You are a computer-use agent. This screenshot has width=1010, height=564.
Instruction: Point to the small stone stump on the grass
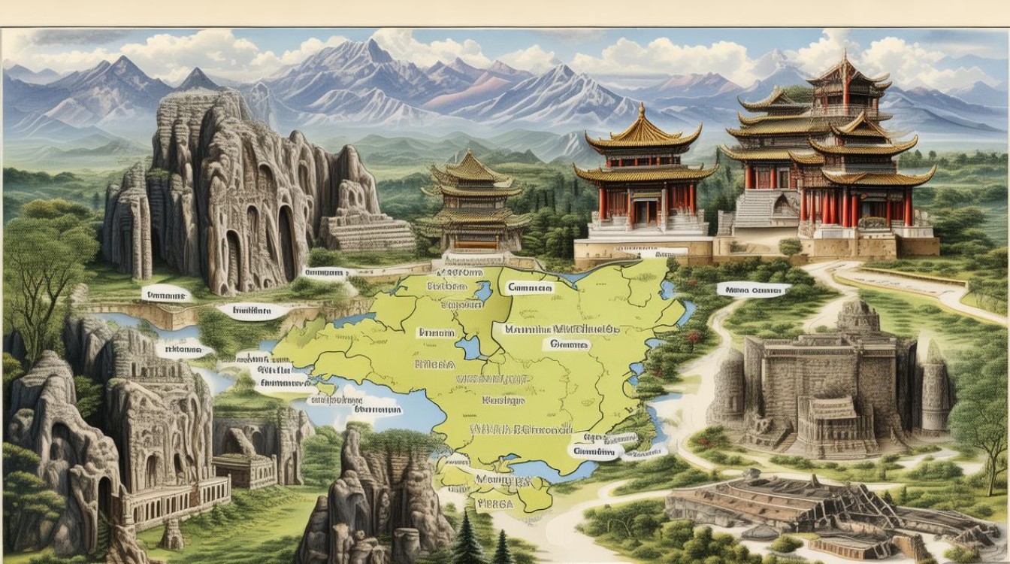(x=172, y=535)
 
